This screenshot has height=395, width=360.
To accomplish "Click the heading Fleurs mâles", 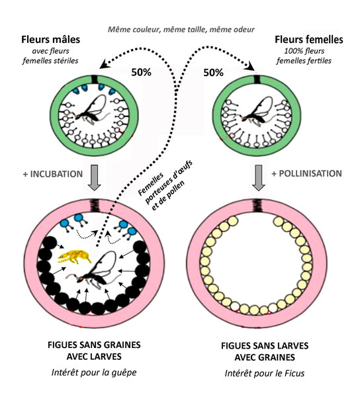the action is point(51,40).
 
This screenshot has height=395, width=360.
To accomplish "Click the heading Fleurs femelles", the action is point(309,40).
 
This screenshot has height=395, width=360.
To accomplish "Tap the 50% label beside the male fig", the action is point(142,72).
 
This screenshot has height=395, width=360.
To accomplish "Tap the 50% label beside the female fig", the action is point(213,73).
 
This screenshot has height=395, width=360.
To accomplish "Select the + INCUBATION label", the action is point(53,174).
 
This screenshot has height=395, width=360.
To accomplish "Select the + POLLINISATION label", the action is point(306,173).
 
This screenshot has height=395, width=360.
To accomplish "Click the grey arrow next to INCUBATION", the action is point(94,177).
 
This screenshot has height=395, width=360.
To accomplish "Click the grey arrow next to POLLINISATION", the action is point(259,177).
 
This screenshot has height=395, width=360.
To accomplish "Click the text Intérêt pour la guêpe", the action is point(94,373).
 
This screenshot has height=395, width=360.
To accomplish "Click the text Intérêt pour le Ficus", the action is point(265,373).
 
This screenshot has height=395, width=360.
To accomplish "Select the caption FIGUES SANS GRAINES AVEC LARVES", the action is point(94,351).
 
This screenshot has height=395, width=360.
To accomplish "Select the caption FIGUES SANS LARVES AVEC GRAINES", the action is point(265,351).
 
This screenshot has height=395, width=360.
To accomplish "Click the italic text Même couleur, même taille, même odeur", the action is point(181,30).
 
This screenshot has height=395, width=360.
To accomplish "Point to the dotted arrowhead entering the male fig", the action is point(104,64).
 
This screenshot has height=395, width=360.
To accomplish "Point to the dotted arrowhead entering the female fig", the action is point(250,67).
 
